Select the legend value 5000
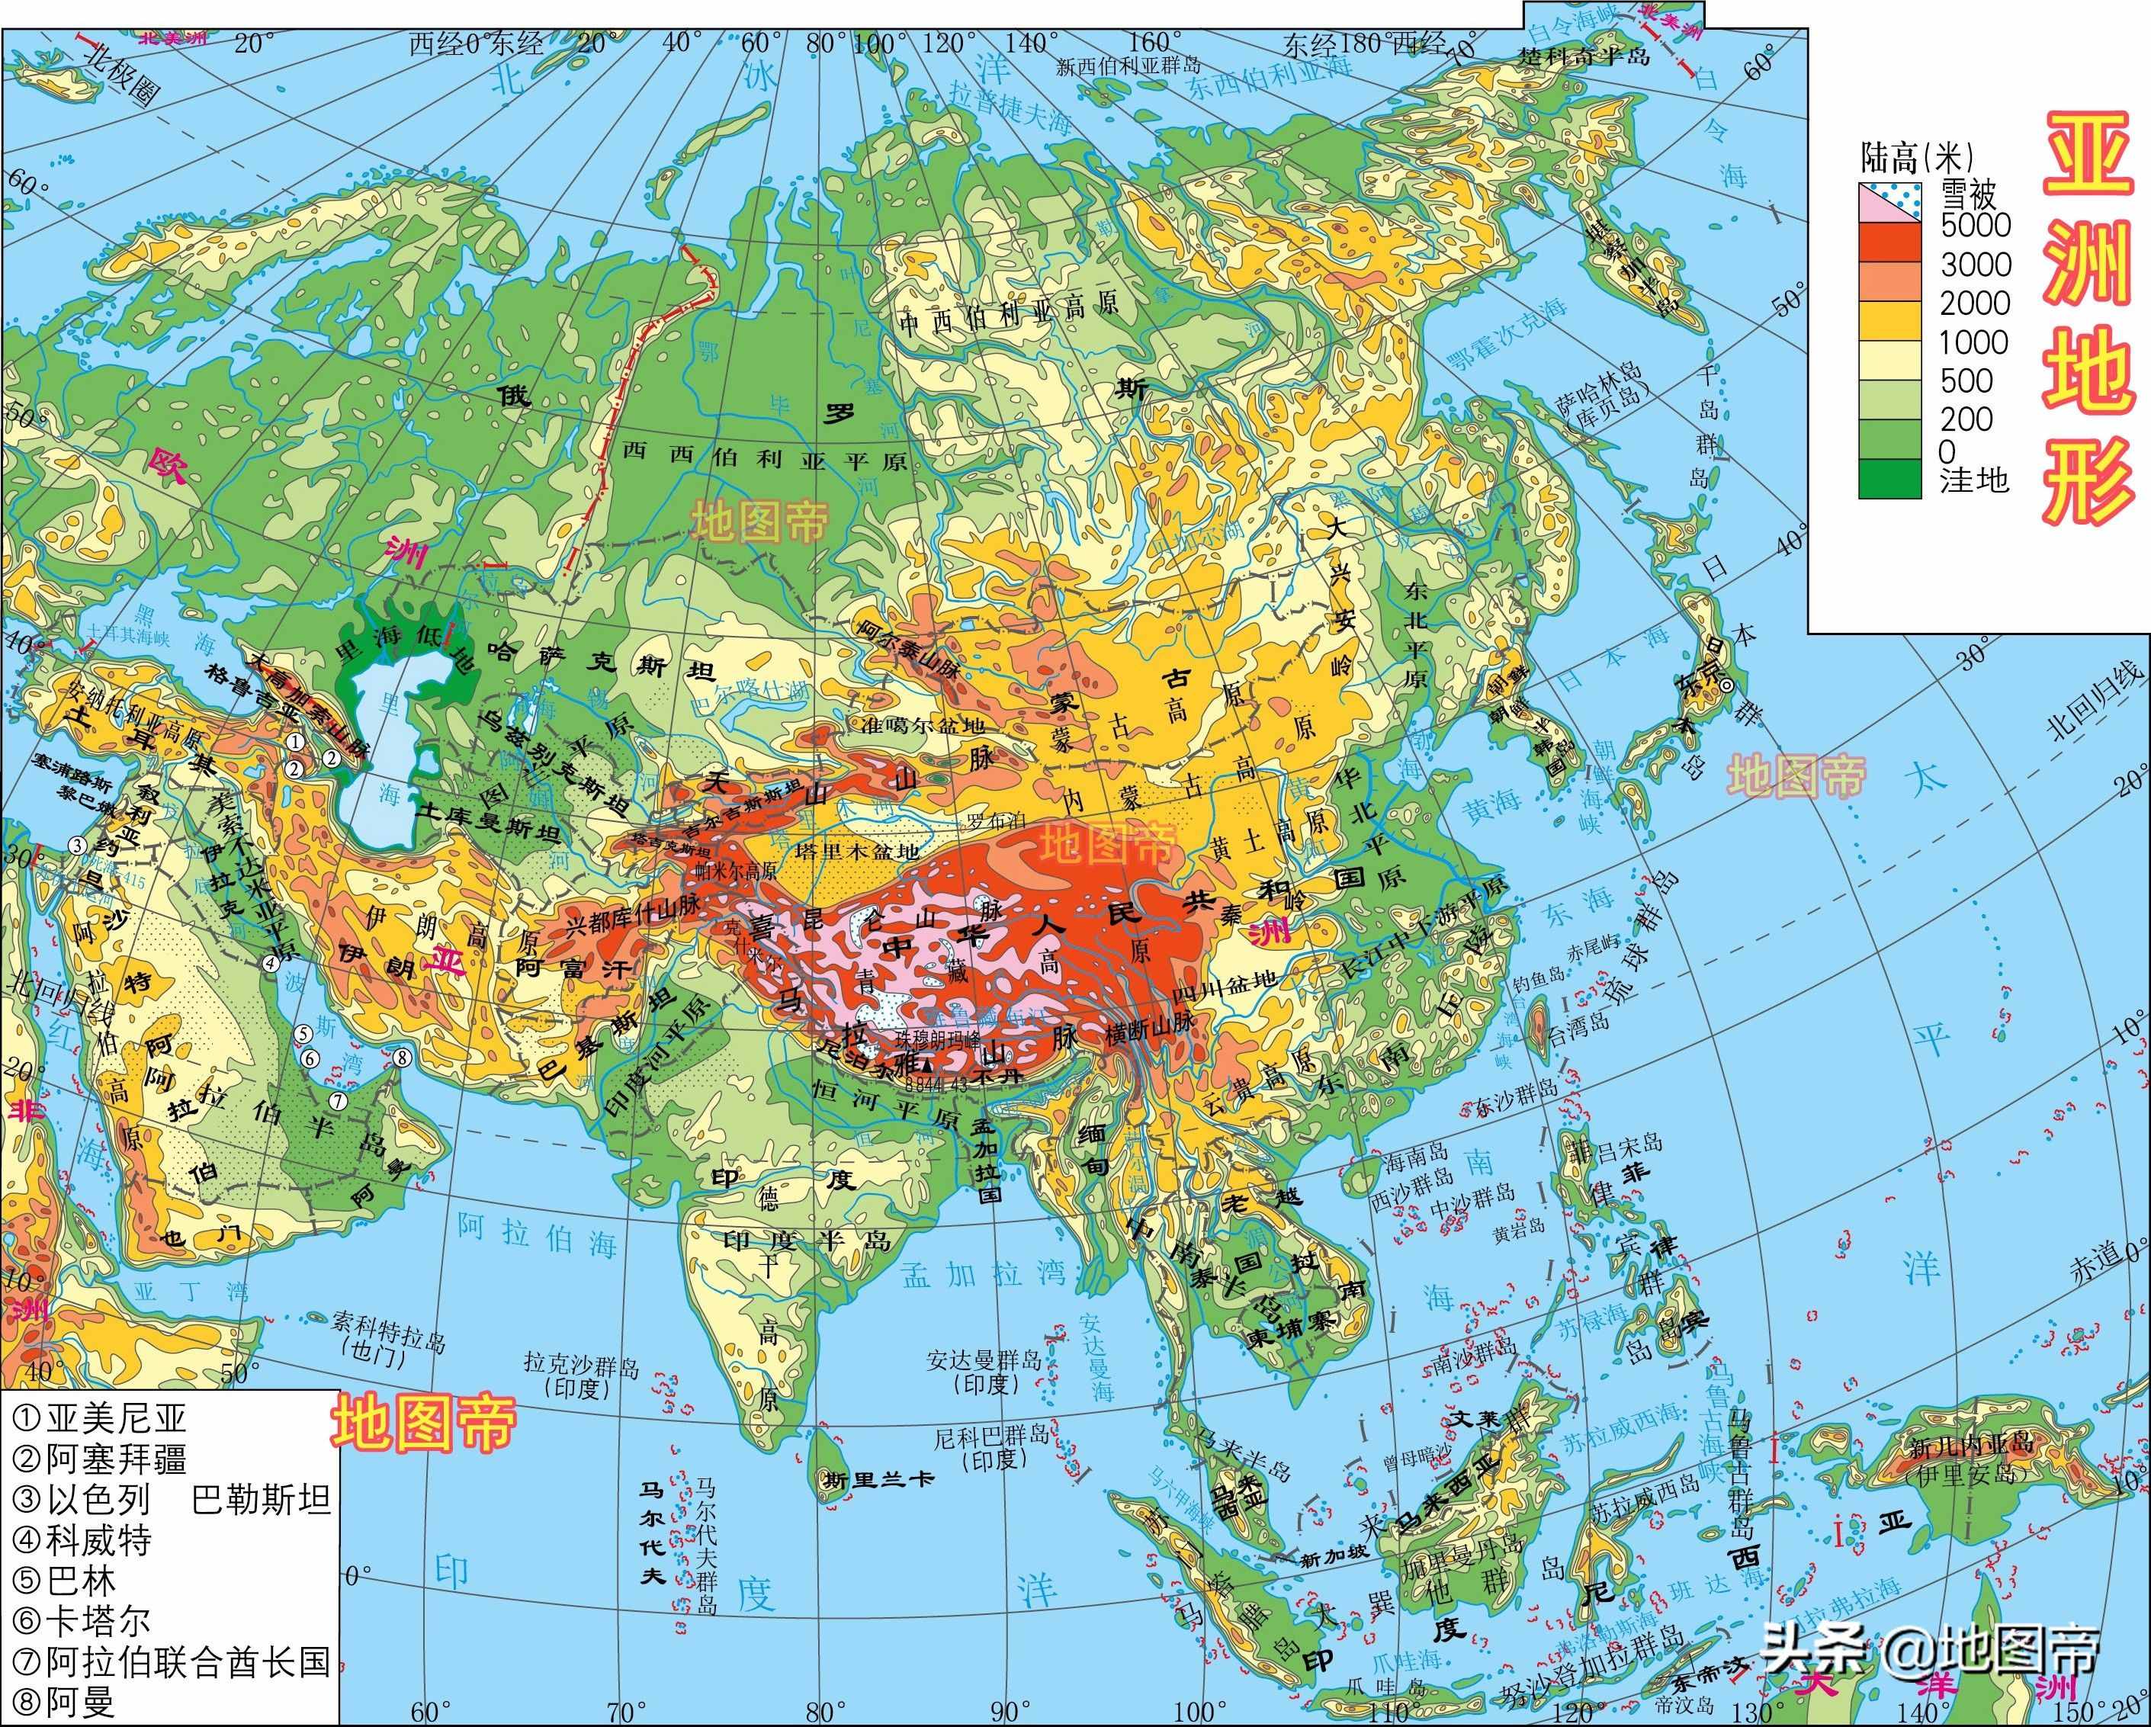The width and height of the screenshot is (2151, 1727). (x=1976, y=226)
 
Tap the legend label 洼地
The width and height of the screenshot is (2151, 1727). (x=1973, y=481)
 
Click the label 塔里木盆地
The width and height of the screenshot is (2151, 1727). (x=858, y=852)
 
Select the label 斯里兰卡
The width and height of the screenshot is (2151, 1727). (x=878, y=1479)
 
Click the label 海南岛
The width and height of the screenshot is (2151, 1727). (x=1414, y=1154)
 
